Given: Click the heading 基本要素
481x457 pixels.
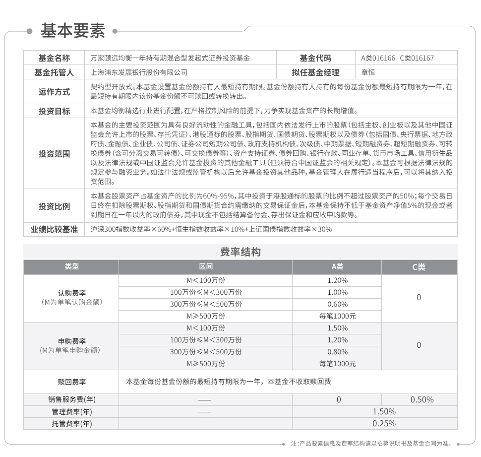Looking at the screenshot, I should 73,31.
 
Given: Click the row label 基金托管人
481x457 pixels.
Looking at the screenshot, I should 54,72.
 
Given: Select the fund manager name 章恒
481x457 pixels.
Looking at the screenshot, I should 368,72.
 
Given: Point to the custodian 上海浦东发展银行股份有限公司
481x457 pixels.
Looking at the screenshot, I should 139,72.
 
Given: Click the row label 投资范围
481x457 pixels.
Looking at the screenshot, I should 54,154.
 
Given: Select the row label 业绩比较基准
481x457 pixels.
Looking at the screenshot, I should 54,229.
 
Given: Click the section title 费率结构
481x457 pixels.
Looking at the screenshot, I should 240,252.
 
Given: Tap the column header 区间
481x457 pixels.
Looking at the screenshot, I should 205,267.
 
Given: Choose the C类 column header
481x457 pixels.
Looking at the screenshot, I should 419,267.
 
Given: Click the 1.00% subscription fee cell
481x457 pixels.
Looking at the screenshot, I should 337,292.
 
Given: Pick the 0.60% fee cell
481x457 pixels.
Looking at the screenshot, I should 337,304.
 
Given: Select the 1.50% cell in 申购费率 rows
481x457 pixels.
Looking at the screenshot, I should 337,328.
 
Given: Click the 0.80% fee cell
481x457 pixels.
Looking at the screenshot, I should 337,352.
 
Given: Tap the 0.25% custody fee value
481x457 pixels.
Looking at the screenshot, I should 384,423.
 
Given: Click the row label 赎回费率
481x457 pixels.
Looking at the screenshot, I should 71,382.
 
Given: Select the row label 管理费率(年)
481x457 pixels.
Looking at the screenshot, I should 71,411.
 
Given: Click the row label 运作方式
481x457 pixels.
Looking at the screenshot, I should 54,92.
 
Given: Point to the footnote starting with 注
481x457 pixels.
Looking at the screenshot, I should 372,443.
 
